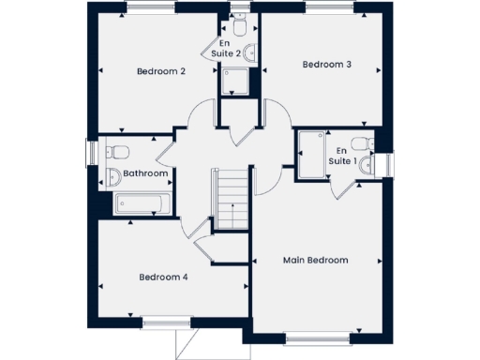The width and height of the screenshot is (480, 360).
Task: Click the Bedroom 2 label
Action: point(161,71)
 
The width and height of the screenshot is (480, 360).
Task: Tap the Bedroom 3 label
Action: point(326,65)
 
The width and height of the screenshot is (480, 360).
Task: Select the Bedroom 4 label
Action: point(164,277)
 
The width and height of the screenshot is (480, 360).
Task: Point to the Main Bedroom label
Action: point(316,260)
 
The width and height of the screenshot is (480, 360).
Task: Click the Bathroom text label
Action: point(145,173)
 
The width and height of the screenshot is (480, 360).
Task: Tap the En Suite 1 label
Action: point(341,156)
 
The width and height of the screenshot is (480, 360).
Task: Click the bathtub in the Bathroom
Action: point(142,204)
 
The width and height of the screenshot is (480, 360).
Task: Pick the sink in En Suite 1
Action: point(367,165)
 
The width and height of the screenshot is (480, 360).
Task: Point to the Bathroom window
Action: point(92,153)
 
